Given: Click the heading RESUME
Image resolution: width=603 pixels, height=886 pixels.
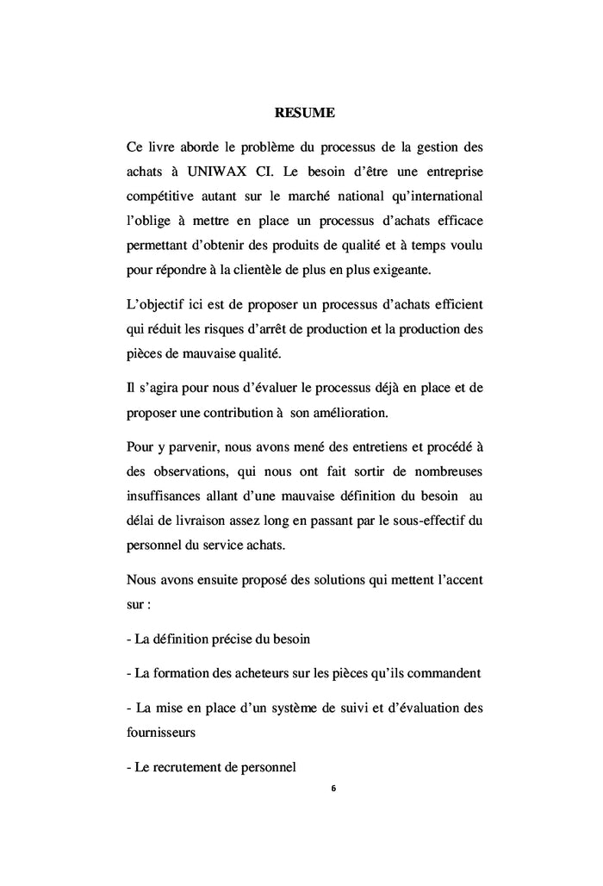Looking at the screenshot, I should [x=304, y=112].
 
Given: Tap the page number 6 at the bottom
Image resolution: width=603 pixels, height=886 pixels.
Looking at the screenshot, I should [x=333, y=788].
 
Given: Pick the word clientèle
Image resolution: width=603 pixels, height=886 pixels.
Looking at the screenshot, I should [x=268, y=270].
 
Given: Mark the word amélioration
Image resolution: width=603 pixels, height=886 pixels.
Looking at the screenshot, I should [x=345, y=412].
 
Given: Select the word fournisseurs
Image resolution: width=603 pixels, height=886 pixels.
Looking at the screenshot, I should [x=161, y=734].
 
